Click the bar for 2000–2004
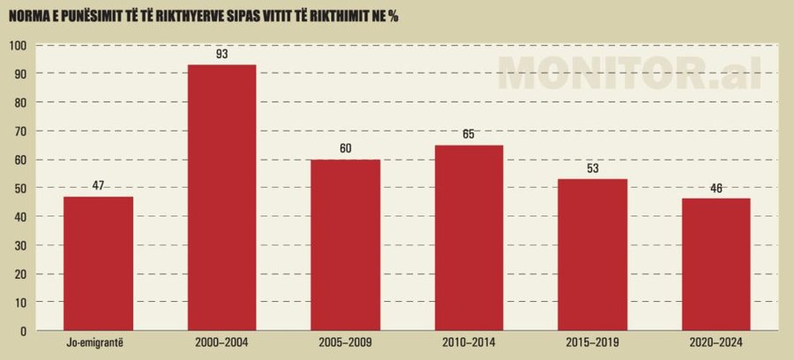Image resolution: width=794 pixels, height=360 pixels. coord(221,198)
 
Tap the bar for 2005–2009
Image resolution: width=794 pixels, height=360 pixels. coord(345,244)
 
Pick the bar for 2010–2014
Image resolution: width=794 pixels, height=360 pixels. coord(468,237)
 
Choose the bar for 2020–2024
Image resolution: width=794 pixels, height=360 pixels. coord(715,265)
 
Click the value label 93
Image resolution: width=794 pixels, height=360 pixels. coord(221,55)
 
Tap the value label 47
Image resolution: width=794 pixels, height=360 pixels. coord(98,186)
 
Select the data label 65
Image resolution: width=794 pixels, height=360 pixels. coord(468,135)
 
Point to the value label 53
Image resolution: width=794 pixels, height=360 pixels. coord(592,169)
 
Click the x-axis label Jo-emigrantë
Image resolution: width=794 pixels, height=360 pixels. coord(98,344)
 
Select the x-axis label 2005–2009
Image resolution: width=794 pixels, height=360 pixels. coord(345,344)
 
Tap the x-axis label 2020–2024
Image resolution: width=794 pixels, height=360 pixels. coord(715,344)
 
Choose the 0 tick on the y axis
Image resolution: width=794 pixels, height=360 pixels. coord(25,331)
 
